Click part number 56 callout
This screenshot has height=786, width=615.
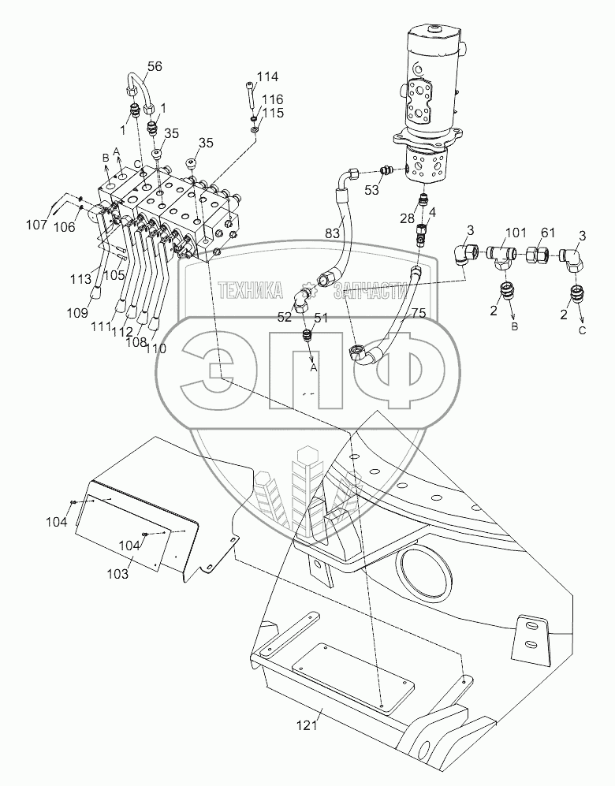point(154,67)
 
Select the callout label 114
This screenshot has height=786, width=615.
point(268,76)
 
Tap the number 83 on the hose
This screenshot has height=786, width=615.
point(334,234)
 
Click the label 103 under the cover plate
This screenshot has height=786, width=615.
point(117,574)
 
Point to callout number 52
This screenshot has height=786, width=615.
point(284,316)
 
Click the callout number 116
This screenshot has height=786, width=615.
point(272,100)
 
